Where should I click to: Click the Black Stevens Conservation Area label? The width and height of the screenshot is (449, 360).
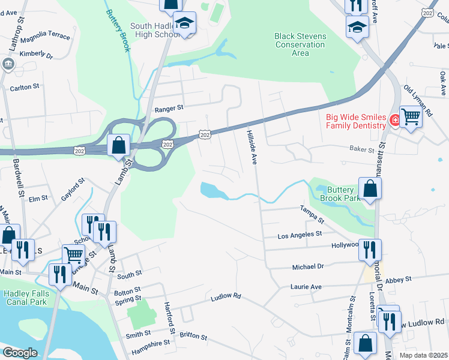300,44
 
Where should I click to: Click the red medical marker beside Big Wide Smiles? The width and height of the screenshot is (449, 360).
395,121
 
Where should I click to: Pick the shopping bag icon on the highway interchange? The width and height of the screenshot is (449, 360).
119,145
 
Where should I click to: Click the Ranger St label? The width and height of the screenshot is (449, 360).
168,109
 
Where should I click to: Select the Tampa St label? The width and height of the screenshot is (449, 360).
312,214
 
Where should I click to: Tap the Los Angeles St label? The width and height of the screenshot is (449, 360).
300,235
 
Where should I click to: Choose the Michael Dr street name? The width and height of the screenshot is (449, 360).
308,266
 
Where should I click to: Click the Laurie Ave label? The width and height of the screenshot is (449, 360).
307,287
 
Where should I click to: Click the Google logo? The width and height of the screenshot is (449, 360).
20,352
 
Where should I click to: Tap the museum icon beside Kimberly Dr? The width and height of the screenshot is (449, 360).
8,64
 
